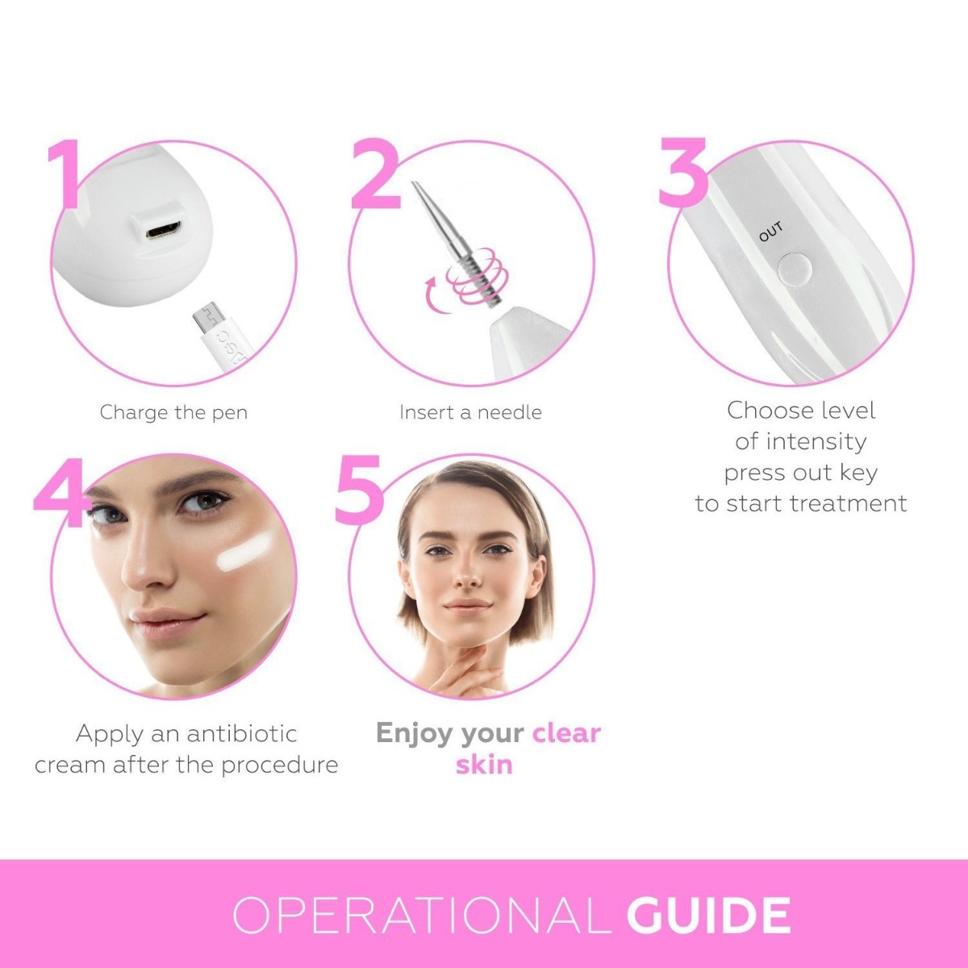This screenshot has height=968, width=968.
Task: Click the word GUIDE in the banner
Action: click(x=708, y=916)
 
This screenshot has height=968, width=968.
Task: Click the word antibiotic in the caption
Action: click(x=242, y=734)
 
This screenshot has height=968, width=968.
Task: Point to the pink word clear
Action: click(x=566, y=733)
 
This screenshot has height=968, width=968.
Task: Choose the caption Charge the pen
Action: click(x=173, y=412)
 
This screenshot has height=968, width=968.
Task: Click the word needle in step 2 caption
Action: click(x=509, y=412)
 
